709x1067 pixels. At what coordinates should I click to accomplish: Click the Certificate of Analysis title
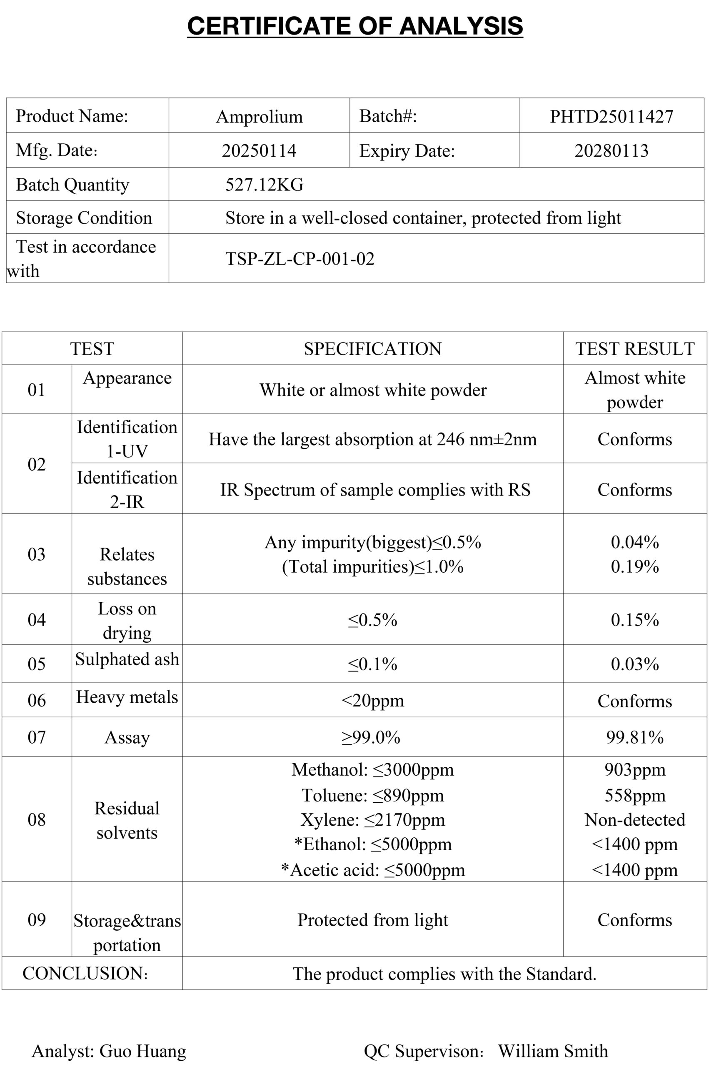(x=355, y=26)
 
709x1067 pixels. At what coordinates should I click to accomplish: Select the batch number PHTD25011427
(x=612, y=117)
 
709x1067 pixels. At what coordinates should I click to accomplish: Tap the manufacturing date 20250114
(x=259, y=150)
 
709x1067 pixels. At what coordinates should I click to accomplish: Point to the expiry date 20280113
(x=612, y=150)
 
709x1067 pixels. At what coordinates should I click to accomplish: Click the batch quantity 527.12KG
(x=265, y=185)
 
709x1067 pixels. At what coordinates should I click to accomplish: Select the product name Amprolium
(x=259, y=117)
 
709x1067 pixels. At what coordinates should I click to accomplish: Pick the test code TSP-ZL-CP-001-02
(x=300, y=259)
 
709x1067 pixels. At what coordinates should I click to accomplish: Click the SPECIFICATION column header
(x=372, y=349)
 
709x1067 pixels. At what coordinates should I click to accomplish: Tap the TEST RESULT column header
(x=634, y=349)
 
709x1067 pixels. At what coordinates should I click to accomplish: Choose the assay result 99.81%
(x=634, y=737)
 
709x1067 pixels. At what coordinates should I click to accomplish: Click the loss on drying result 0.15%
(x=634, y=620)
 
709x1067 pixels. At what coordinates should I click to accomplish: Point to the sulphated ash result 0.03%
(x=634, y=664)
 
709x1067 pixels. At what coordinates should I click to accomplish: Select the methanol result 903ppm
(x=634, y=769)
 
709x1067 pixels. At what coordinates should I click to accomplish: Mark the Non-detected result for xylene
(x=634, y=819)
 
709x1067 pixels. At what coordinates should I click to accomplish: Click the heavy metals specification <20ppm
(x=372, y=701)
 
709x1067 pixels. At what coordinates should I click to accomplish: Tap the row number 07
(x=37, y=737)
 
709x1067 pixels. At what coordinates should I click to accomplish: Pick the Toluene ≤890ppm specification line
(x=372, y=795)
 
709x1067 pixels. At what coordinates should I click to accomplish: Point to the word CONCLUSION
(x=85, y=973)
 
